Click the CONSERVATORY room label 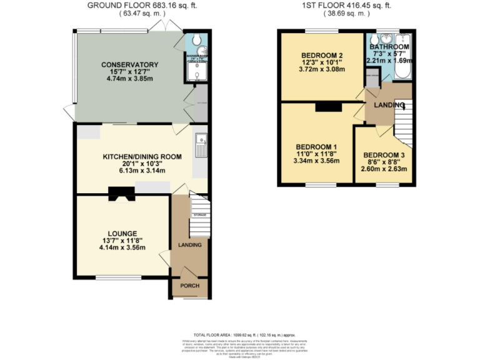point(131,64)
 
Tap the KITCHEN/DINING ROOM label point(142,157)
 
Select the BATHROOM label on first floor point(389,47)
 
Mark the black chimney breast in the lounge point(120,194)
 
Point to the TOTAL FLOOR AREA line point(239,336)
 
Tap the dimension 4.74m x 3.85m point(131,79)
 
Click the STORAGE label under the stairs point(199,214)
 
